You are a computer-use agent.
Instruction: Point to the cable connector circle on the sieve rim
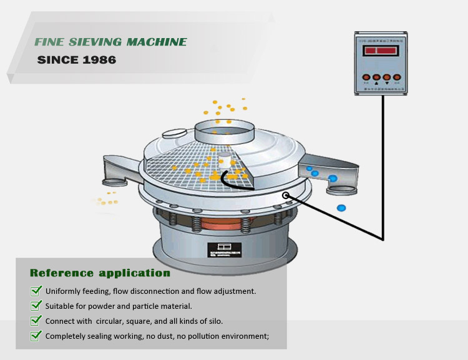click(286, 196)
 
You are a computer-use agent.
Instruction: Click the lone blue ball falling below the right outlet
click(341, 208)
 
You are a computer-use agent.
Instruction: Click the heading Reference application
click(100, 273)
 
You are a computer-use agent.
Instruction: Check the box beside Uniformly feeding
click(36, 291)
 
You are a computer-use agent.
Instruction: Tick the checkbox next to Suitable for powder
click(36, 306)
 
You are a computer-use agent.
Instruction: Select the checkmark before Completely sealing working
click(36, 336)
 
